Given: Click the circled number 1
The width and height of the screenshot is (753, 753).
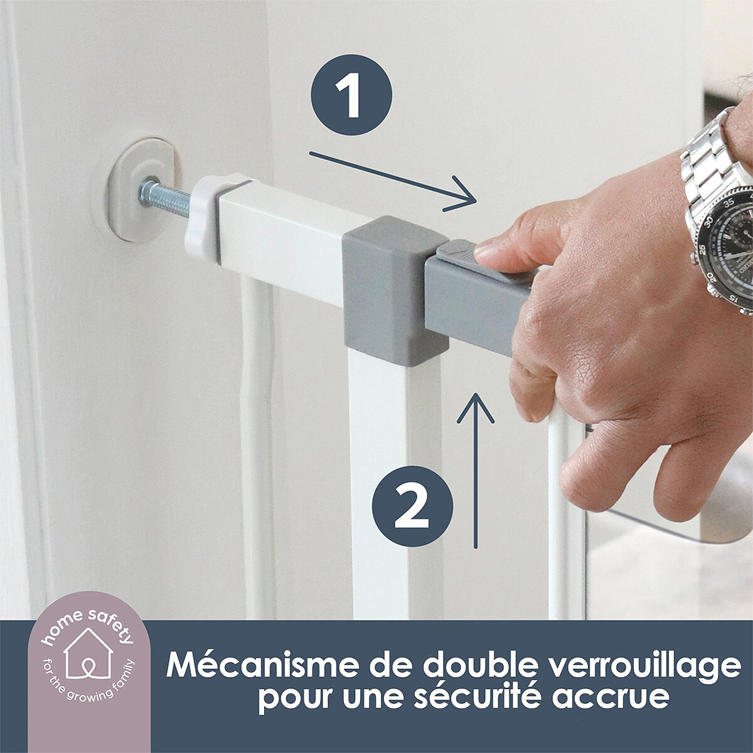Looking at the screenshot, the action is (x=351, y=95).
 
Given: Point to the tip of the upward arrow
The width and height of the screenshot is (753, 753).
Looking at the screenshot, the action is (x=476, y=393).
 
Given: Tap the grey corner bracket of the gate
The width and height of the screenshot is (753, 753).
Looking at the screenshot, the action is (x=395, y=290).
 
